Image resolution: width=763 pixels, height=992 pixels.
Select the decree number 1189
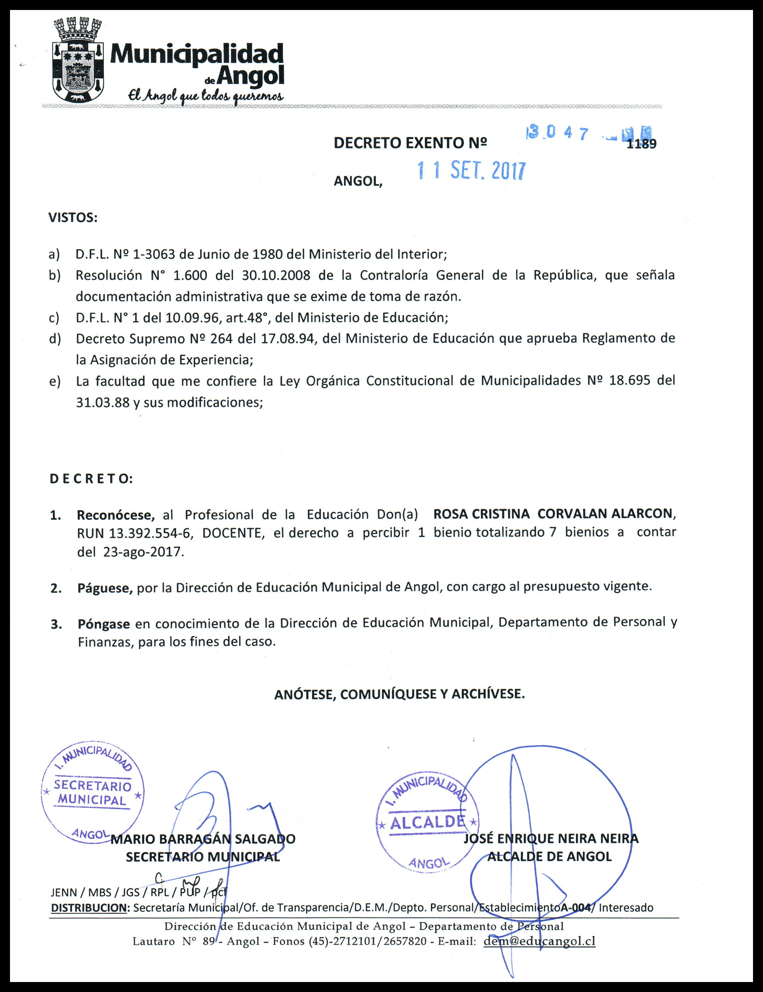[x=641, y=144]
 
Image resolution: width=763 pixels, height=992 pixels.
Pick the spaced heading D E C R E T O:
[x=91, y=479]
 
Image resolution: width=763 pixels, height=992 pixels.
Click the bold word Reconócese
[x=116, y=515]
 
